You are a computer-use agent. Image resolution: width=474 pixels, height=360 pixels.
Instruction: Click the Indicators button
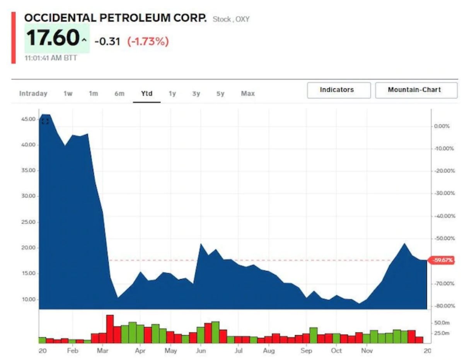point(339,90)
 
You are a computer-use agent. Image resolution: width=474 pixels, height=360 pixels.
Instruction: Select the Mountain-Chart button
point(416,90)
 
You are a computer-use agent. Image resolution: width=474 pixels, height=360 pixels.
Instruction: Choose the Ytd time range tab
point(147,93)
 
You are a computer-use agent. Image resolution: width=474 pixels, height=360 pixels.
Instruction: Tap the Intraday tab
point(33,93)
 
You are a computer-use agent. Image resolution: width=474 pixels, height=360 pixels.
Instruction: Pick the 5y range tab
point(220,93)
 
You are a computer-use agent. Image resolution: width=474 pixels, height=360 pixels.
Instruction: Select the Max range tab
point(248,93)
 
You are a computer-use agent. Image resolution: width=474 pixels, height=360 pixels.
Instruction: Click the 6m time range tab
point(119,93)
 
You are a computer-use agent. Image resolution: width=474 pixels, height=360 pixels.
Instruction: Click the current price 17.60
point(53,38)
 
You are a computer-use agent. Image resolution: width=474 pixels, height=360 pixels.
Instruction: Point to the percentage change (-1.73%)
point(148,41)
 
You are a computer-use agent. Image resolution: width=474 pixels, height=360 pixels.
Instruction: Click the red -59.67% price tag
point(441,260)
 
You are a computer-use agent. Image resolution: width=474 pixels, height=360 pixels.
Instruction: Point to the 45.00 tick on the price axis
point(28,119)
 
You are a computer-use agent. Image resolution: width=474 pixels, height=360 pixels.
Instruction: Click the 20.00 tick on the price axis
point(28,248)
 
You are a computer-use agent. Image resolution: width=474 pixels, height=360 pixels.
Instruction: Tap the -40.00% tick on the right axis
point(445,216)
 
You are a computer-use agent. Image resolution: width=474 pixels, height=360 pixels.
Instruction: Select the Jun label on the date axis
point(201,351)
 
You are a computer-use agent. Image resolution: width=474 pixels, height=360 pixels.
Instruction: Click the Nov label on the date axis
point(367,351)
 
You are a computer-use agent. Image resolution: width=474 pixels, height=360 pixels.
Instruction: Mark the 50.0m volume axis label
point(442,323)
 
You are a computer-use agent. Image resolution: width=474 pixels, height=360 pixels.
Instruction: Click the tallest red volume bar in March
point(110,329)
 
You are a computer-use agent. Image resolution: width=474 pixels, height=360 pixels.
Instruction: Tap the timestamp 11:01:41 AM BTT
point(51,58)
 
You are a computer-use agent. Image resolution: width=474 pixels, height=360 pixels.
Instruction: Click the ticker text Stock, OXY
point(231,19)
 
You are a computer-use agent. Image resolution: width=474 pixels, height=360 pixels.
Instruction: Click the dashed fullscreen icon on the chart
point(45,121)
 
